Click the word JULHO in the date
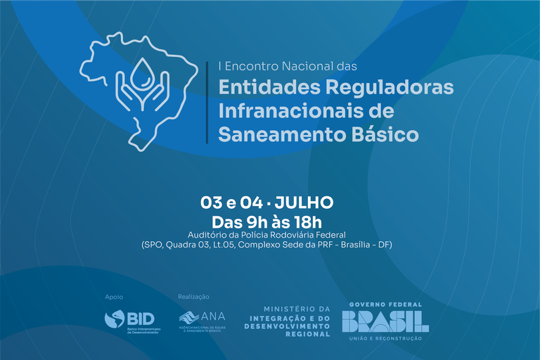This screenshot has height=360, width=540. [x=304, y=203]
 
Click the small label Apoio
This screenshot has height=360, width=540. [x=113, y=297]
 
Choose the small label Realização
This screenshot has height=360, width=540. [x=194, y=297]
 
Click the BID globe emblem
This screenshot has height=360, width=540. [x=115, y=319]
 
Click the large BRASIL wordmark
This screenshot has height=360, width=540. [x=385, y=321]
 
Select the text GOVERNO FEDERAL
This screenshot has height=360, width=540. [x=385, y=304]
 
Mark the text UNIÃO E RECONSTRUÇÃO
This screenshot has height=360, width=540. [x=385, y=339]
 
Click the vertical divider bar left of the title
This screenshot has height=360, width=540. [x=207, y=102]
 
